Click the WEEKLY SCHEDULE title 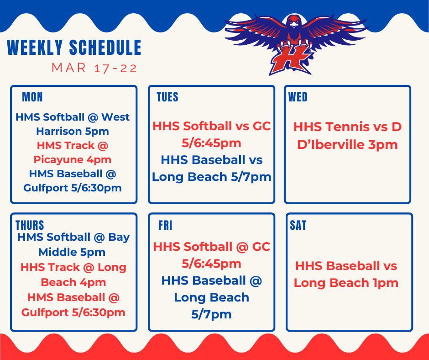74,48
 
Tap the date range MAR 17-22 94,69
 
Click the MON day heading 32,97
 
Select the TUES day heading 167,97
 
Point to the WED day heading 298,97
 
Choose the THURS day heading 30,225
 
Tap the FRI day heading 165,225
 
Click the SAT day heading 298,225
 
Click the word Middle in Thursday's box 58,252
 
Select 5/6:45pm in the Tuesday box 211,143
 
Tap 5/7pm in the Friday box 211,314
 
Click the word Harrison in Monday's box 58,132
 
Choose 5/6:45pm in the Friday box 211,264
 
